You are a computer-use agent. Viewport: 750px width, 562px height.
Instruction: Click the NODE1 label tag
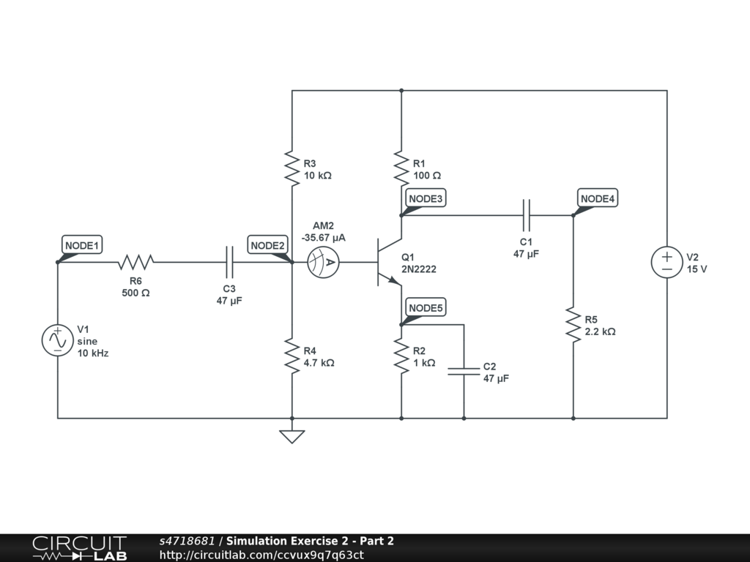click(82, 245)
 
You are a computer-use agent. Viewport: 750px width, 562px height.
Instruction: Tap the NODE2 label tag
click(267, 245)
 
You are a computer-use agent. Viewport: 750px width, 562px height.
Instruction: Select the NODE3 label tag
click(426, 198)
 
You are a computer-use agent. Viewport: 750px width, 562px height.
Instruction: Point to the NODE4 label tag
click(598, 198)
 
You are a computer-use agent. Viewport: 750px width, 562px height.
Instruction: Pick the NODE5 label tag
click(426, 308)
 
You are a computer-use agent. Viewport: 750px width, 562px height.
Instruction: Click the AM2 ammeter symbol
click(323, 262)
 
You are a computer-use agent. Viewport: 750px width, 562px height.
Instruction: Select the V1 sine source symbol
click(57, 340)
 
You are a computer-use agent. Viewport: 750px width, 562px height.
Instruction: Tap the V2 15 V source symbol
click(667, 262)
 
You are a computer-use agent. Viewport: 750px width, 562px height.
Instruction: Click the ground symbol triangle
click(292, 437)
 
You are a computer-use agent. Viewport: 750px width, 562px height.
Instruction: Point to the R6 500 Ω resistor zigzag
click(135, 262)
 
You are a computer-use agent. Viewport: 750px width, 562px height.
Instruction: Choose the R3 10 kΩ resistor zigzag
click(292, 168)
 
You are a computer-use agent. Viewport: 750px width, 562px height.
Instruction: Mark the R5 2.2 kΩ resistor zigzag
click(573, 324)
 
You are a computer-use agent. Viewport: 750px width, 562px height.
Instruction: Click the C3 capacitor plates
click(229, 262)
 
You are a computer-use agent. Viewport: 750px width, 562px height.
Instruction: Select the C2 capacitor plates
click(464, 371)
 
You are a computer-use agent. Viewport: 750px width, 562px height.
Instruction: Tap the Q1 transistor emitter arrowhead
click(395, 280)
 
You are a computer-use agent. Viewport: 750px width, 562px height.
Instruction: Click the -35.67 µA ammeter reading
click(323, 238)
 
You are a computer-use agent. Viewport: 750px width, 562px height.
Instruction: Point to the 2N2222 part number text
click(418, 269)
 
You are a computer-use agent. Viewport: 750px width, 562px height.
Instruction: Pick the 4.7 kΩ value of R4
click(319, 363)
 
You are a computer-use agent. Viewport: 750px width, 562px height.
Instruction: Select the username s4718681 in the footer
click(187, 541)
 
